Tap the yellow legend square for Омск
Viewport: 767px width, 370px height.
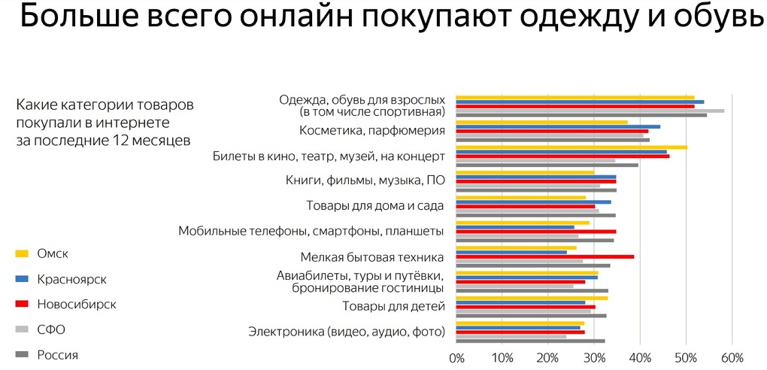[x=23, y=253]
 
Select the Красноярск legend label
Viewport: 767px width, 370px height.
[x=71, y=279]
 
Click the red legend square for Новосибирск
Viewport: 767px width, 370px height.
[x=23, y=305]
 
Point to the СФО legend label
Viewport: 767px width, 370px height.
[x=52, y=329]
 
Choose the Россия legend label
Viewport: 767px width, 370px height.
[x=57, y=355]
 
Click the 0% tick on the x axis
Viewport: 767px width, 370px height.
[x=456, y=357]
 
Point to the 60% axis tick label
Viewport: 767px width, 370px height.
[x=732, y=357]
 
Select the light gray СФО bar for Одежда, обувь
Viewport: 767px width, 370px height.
[x=590, y=111]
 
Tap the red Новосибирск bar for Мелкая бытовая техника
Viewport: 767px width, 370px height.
[x=545, y=256]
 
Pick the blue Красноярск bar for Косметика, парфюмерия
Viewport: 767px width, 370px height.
[x=558, y=126]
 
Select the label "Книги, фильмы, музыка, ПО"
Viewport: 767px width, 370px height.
[x=365, y=180]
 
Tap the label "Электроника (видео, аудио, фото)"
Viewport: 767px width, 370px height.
[x=347, y=331]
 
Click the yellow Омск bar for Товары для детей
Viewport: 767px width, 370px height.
[x=532, y=298]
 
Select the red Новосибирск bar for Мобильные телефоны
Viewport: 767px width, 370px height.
[x=536, y=232]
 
